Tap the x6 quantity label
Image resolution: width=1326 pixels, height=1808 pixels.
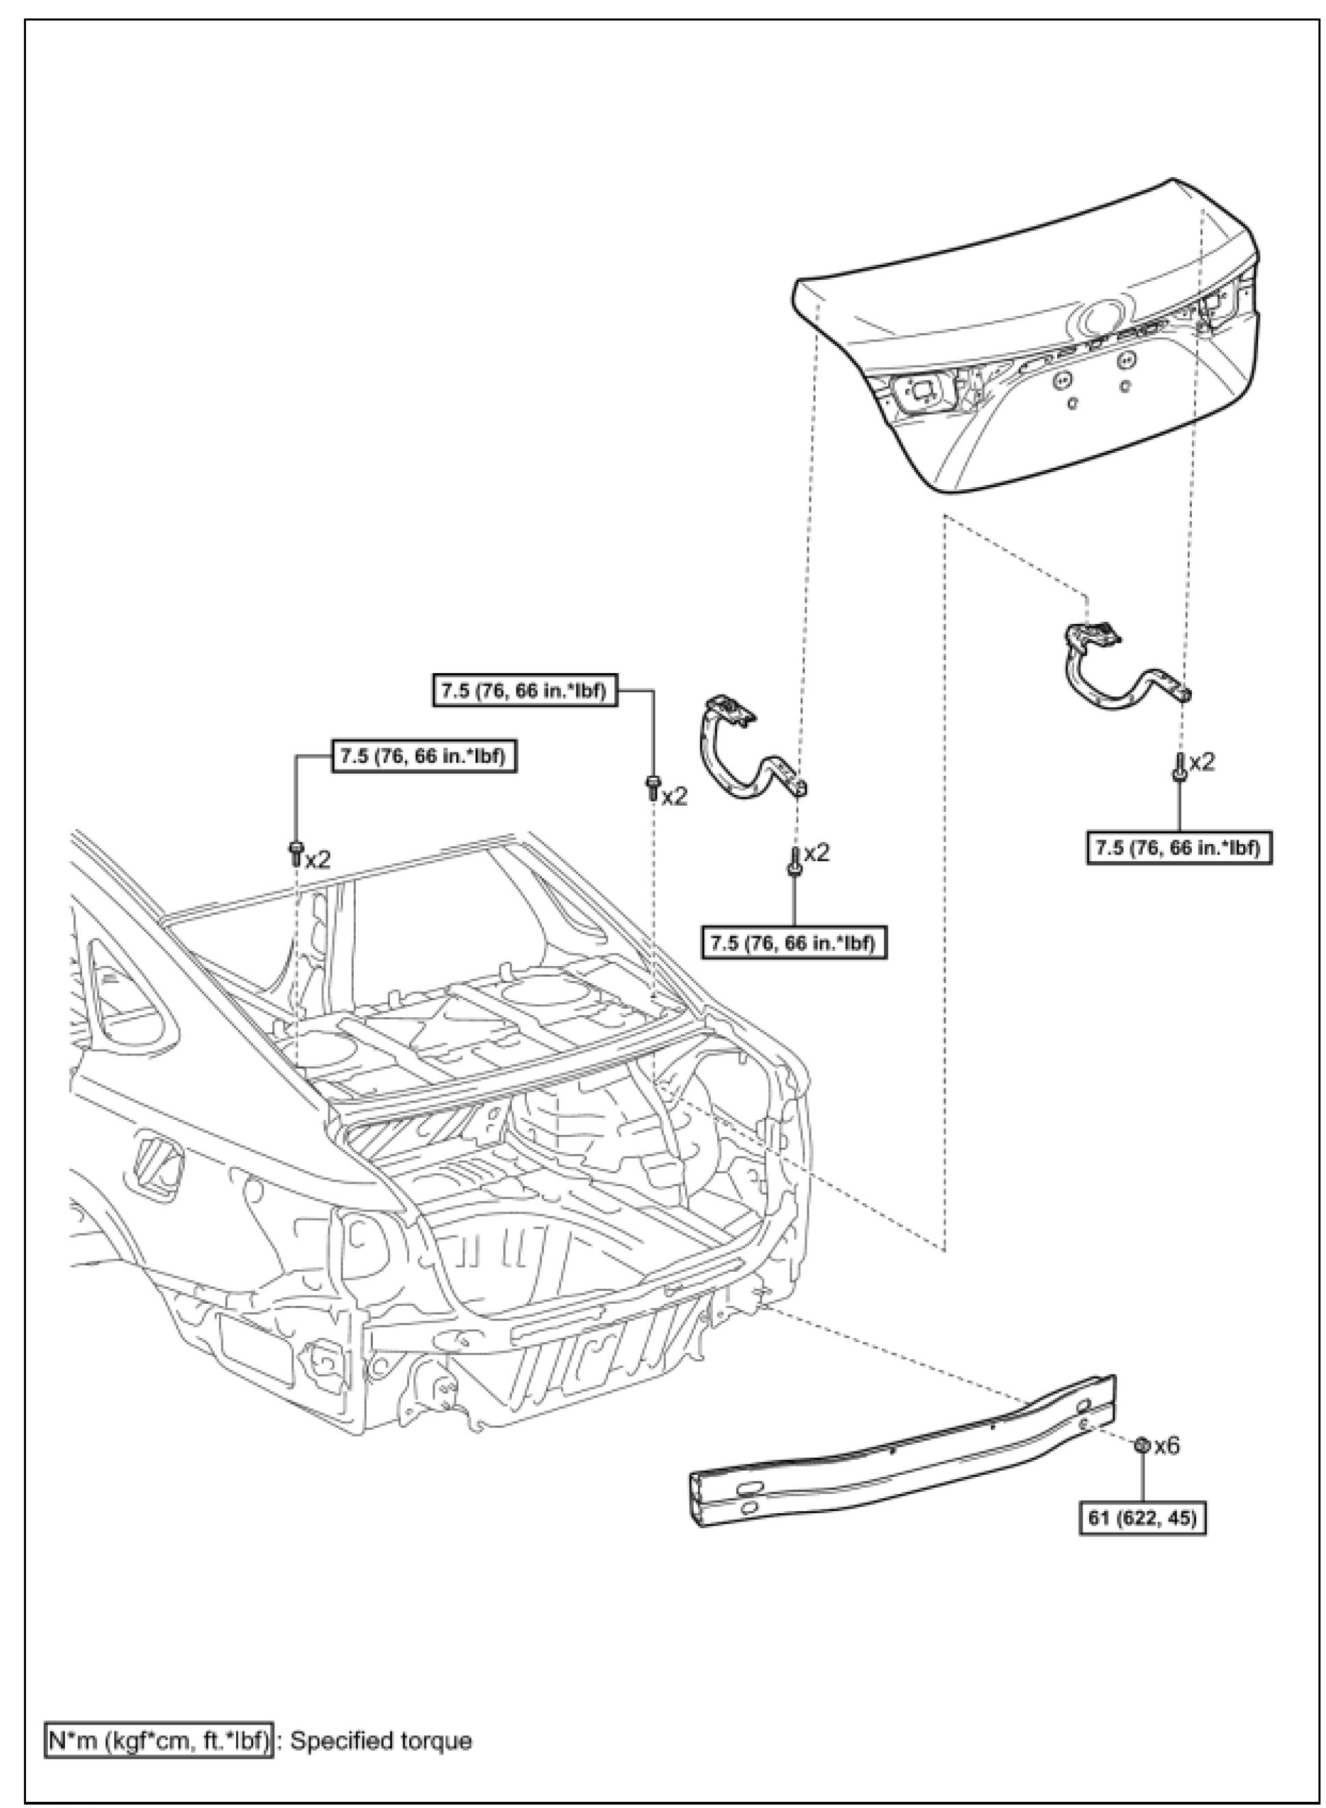[1167, 1446]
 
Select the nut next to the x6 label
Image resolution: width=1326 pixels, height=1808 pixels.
[1140, 1446]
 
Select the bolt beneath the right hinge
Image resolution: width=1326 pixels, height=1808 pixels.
[1180, 765]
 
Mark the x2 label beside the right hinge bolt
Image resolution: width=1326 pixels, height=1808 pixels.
[1201, 761]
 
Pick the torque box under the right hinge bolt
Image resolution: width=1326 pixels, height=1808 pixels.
[1179, 848]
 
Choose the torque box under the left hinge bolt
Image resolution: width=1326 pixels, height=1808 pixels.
[794, 943]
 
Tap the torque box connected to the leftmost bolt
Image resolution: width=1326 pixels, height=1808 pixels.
[423, 756]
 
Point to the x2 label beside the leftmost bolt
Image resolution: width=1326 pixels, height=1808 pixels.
[318, 859]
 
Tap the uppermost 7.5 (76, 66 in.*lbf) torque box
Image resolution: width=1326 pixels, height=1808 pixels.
[525, 690]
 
